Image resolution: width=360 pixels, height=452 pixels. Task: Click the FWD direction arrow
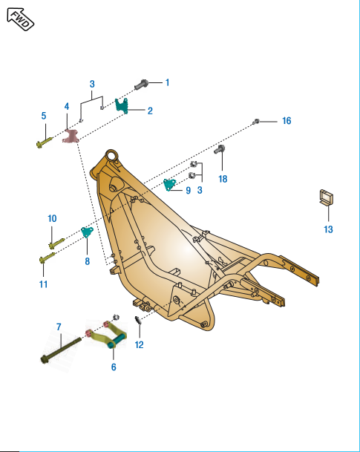coord(21,19)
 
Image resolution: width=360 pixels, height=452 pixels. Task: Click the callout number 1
coord(167,82)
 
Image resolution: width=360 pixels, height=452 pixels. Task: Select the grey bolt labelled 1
coord(142,85)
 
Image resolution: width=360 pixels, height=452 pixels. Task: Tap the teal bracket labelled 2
coord(122,105)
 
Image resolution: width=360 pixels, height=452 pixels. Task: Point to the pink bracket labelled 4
coord(71,136)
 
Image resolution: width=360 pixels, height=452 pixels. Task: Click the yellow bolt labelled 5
coord(45,143)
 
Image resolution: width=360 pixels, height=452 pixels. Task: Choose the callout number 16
coord(287,121)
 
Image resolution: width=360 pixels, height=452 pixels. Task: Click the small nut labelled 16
coord(256,122)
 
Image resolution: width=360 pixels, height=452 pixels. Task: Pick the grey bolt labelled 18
coord(220,149)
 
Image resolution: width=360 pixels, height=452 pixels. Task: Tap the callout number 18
coord(223,179)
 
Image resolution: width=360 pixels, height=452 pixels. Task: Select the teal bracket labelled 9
coord(169,185)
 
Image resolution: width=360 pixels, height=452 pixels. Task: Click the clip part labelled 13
coord(327,197)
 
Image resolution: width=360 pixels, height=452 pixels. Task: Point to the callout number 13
coord(328,229)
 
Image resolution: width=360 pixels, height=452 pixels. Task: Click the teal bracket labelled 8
coord(87,232)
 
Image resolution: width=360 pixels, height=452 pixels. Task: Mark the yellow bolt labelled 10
coord(56,243)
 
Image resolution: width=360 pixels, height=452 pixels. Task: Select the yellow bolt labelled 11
coord(47,258)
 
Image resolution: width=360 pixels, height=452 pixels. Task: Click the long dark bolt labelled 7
coord(61,350)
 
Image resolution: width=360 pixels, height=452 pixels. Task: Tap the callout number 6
coord(114,367)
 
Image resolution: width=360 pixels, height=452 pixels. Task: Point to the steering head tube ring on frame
coord(111,157)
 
